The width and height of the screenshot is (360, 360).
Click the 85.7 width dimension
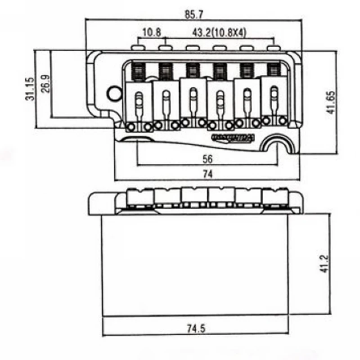[194, 14]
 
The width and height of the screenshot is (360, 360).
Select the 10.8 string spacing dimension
[152, 32]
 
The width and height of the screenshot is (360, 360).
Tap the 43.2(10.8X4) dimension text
[219, 32]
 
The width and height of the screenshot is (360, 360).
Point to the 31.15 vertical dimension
[30, 88]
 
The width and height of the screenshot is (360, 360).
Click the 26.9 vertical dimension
[45, 84]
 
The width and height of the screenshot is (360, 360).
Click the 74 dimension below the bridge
[207, 173]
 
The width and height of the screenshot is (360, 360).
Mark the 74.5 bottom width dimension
[197, 329]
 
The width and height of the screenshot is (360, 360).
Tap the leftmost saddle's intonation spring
[139, 70]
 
